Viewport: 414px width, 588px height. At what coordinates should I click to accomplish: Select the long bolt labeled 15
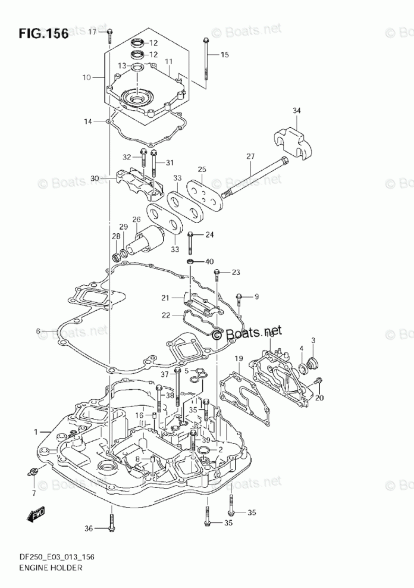click(x=205, y=60)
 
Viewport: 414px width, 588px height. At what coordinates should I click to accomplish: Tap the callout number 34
click(x=297, y=110)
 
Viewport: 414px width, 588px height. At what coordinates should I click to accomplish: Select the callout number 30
click(x=95, y=178)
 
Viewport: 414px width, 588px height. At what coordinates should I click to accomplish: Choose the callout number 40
click(x=209, y=261)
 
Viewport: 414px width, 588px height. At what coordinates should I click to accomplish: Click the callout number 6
click(x=37, y=331)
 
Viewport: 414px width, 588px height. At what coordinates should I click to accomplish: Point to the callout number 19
click(x=238, y=358)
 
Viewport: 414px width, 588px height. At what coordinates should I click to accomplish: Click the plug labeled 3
click(x=314, y=362)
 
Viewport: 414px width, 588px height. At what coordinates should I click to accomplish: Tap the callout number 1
click(x=36, y=431)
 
